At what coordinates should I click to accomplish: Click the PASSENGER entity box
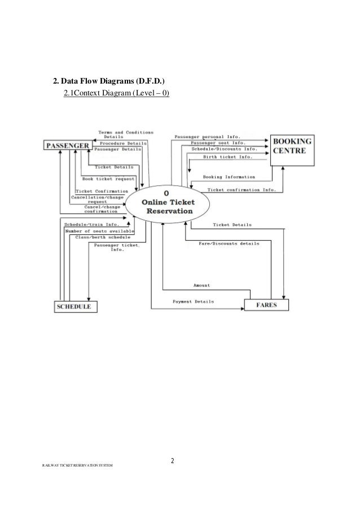point(67,146)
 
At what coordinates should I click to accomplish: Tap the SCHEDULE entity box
point(76,307)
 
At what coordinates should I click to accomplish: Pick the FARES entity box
point(267,306)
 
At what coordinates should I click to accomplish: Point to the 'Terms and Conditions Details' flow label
point(118,133)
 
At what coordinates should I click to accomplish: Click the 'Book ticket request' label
point(108,178)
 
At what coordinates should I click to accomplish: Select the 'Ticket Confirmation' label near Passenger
point(102,191)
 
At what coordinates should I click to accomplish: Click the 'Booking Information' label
point(229,177)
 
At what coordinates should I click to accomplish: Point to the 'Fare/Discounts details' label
point(229,243)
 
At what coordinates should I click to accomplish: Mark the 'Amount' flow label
point(201,285)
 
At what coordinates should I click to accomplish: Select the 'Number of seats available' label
point(99,231)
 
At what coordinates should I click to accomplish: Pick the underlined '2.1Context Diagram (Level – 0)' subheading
point(117,93)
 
